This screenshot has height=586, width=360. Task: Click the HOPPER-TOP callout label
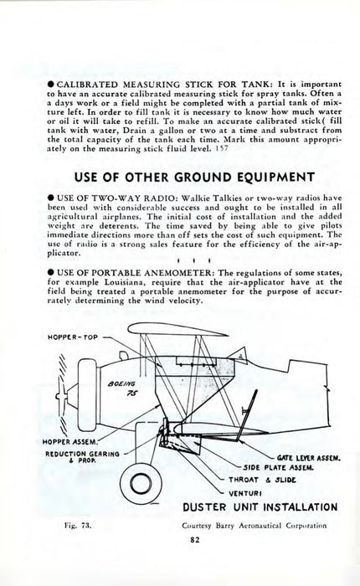pyautogui.click(x=73, y=337)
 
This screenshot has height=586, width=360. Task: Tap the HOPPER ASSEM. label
pyautogui.click(x=69, y=442)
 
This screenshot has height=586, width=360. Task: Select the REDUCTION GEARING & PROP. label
pyautogui.click(x=82, y=457)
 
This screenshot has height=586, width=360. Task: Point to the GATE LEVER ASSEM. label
pyautogui.click(x=309, y=458)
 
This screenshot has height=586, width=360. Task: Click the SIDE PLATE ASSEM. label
pyautogui.click(x=278, y=467)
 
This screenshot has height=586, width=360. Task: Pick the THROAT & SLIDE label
pyautogui.click(x=262, y=480)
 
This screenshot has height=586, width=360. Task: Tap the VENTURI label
pyautogui.click(x=245, y=493)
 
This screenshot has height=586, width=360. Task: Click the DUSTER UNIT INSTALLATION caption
pyautogui.click(x=260, y=507)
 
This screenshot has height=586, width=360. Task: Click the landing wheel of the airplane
pyautogui.click(x=141, y=484)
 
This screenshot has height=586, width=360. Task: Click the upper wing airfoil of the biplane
pyautogui.click(x=177, y=329)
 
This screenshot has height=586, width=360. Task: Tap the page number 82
pyautogui.click(x=194, y=539)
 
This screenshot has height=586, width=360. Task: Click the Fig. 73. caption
pyautogui.click(x=77, y=526)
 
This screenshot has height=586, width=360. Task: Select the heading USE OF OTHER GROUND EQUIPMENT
pyautogui.click(x=194, y=177)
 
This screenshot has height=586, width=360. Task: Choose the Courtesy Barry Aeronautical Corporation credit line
pyautogui.click(x=255, y=526)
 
